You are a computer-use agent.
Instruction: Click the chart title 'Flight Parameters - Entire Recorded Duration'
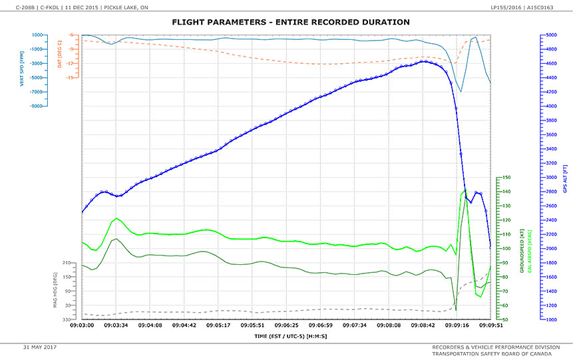[x=291, y=23]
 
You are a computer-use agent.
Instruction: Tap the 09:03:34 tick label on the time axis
[x=116, y=325]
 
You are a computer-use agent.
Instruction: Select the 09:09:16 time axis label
[x=457, y=325]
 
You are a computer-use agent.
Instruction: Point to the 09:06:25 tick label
[x=286, y=325]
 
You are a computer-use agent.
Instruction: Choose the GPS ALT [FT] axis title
[x=565, y=178]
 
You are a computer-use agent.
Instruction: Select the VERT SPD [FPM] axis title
[x=23, y=70]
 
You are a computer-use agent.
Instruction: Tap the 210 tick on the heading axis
[x=67, y=264]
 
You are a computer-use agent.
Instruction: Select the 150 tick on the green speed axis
[x=506, y=178]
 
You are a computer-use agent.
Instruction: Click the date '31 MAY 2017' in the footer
[x=41, y=347]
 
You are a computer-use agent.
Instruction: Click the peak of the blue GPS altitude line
[x=423, y=61]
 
